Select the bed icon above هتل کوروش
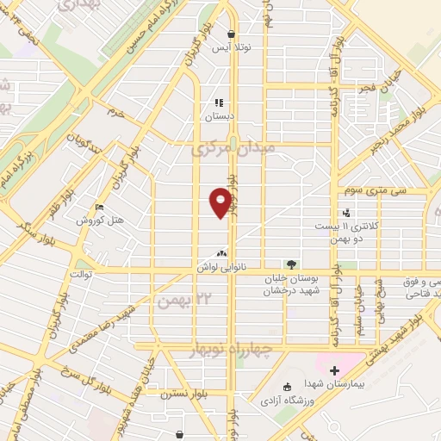point(101,208)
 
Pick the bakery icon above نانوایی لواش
point(223,253)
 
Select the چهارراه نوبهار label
point(227,349)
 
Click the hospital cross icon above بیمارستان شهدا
point(334,370)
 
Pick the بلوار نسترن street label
point(179,399)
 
